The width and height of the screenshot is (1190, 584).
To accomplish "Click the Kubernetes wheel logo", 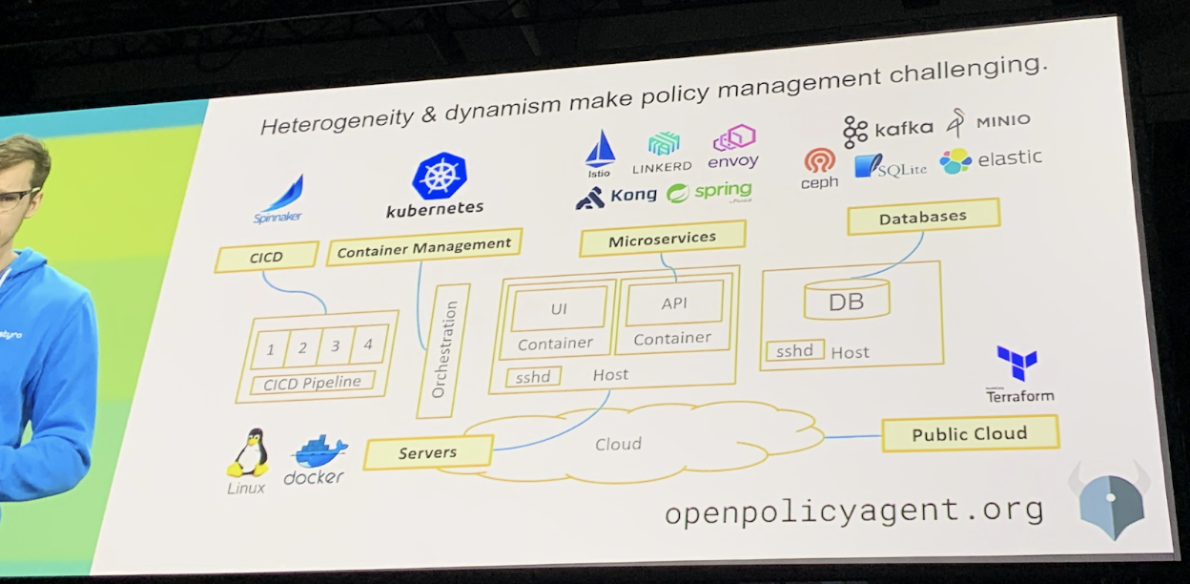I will (439, 177).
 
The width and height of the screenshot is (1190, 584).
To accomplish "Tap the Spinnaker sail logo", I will (283, 194).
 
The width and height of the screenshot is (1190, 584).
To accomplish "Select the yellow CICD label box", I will (266, 257).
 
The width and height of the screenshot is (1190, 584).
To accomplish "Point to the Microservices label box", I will (662, 240).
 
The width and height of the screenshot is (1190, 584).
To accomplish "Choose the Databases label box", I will (922, 218).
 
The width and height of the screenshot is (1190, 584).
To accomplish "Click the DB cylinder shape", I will (847, 301).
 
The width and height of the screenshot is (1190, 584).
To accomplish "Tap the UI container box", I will (559, 307).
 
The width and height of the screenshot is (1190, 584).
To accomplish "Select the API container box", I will (674, 303).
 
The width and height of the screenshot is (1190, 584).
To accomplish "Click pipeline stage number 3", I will (336, 346).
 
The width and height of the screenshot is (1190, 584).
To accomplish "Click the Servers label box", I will (428, 452).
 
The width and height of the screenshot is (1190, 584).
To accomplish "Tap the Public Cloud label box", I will (970, 434).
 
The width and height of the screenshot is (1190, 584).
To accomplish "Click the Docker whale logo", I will (318, 449).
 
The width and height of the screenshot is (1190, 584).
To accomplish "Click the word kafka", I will (903, 128).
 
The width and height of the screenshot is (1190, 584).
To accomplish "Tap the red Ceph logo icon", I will (819, 160).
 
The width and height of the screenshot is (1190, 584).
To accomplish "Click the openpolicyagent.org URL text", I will (853, 511).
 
